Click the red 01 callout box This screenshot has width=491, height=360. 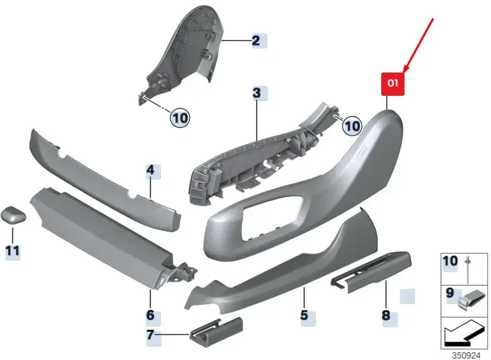(x=393, y=84)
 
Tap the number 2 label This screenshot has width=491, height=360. (x=256, y=41)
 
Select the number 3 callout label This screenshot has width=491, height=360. (x=256, y=92)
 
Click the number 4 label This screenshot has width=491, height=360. (x=150, y=170)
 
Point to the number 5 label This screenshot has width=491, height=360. (x=304, y=315)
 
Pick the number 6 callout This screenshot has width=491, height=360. (x=150, y=315)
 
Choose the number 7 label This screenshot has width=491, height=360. (x=150, y=335)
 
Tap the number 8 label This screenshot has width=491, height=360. (x=386, y=315)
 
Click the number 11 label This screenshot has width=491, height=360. (x=13, y=251)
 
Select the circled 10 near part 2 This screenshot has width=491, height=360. (x=180, y=118)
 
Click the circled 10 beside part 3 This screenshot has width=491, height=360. (x=352, y=126)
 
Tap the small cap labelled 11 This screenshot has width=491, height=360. (x=13, y=215)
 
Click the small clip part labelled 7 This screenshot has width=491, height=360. (x=216, y=330)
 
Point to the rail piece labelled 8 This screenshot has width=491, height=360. (x=371, y=271)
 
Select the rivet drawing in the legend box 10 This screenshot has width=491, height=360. (x=469, y=269)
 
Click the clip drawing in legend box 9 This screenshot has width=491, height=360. (x=473, y=301)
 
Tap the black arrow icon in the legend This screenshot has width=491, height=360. (x=464, y=334)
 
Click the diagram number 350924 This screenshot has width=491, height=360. (x=466, y=355)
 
